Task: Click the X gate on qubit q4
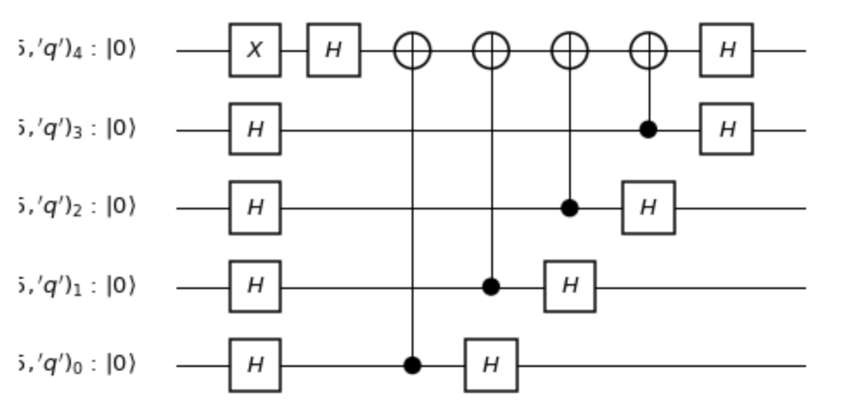click(255, 50)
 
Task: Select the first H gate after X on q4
click(334, 50)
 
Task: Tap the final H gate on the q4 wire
click(727, 50)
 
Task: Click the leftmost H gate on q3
click(255, 130)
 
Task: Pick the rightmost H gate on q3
click(727, 130)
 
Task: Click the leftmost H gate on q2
click(255, 208)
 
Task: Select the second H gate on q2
click(648, 208)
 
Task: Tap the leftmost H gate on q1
click(255, 286)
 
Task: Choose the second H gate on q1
click(569, 286)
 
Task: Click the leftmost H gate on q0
click(255, 365)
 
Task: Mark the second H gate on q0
click(490, 365)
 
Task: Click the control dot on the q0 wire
click(413, 365)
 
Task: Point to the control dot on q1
click(491, 286)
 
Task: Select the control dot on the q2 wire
click(569, 208)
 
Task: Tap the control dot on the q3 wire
click(649, 130)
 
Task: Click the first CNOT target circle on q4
click(413, 50)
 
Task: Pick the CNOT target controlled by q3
click(649, 50)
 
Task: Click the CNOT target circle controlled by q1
click(491, 50)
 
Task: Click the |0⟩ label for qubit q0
click(121, 365)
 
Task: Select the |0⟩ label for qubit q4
click(121, 50)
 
